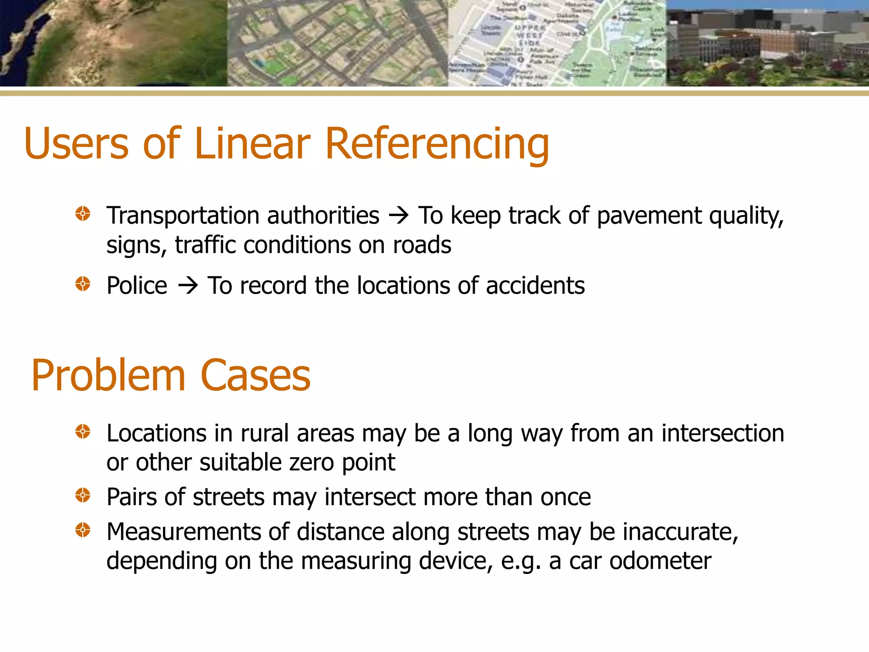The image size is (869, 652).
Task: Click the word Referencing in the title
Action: [x=437, y=144]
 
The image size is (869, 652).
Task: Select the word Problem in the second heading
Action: [x=108, y=375]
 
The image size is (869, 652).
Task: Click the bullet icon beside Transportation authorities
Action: [x=83, y=214]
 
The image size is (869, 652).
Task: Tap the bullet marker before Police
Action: [x=83, y=284]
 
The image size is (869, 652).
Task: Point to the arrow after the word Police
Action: [x=188, y=285]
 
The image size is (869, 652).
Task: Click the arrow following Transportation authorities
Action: [x=398, y=216]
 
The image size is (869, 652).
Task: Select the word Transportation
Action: [x=178, y=215]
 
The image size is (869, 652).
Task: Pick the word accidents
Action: [x=535, y=285]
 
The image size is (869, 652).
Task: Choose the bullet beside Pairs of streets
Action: [x=83, y=495]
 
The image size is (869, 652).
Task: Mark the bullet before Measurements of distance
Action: [x=83, y=530]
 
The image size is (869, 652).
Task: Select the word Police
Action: [x=137, y=285]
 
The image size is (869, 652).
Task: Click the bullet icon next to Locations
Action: [x=83, y=432]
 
